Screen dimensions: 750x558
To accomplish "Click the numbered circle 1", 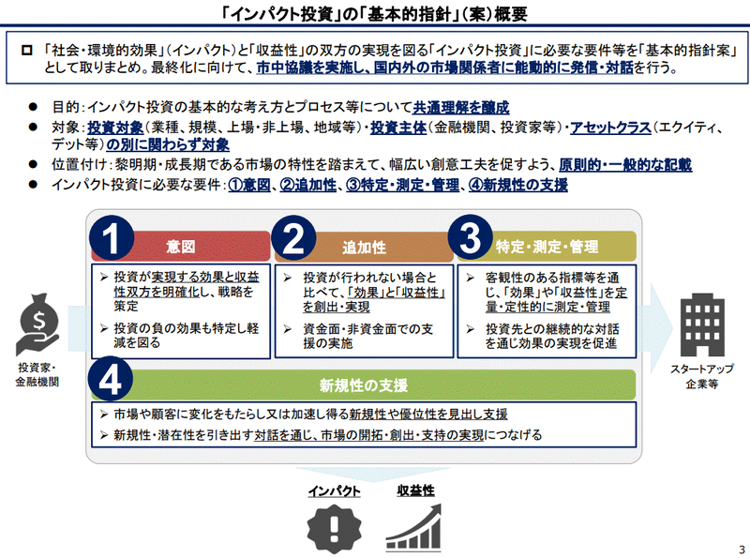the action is pos(113,241).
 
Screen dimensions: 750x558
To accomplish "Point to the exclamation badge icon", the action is pos(335,525).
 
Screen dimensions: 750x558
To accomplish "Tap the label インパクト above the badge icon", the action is pos(335,490).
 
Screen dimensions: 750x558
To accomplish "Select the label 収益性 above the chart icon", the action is pos(415,490).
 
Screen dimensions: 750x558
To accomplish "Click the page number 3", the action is pos(741,549).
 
